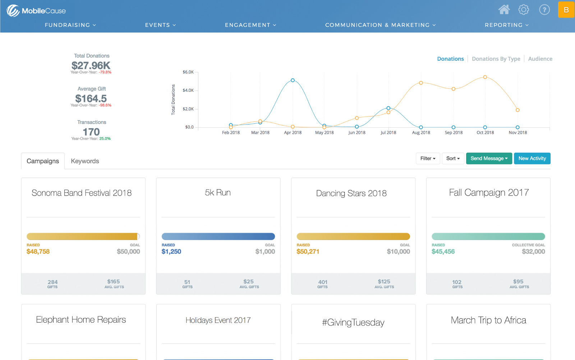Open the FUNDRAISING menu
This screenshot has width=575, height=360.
pos(70,25)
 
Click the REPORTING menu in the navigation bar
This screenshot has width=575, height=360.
pos(506,25)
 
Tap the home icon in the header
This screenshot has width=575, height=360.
pos(504,10)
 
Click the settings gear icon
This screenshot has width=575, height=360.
pos(524,10)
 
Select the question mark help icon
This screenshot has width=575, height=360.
pos(544,10)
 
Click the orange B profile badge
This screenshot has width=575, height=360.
pos(566,10)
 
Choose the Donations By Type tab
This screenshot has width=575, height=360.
pos(496,59)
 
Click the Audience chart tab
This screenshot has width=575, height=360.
pos(540,59)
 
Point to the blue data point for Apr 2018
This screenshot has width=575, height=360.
pos(293,80)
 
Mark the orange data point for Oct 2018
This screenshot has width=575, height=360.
pos(485,77)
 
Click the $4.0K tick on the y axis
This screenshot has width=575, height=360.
pos(188,91)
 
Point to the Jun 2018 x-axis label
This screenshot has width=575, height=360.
pos(357,133)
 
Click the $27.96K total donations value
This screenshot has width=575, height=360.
pos(91,65)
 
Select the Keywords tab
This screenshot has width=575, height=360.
pos(85,161)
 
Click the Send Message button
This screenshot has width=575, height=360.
pos(489,159)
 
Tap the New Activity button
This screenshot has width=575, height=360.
pos(532,159)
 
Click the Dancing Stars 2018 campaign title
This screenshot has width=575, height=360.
pos(351,193)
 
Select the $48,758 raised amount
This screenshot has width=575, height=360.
pos(38,252)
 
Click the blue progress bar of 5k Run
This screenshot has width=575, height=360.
pos(218,237)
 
